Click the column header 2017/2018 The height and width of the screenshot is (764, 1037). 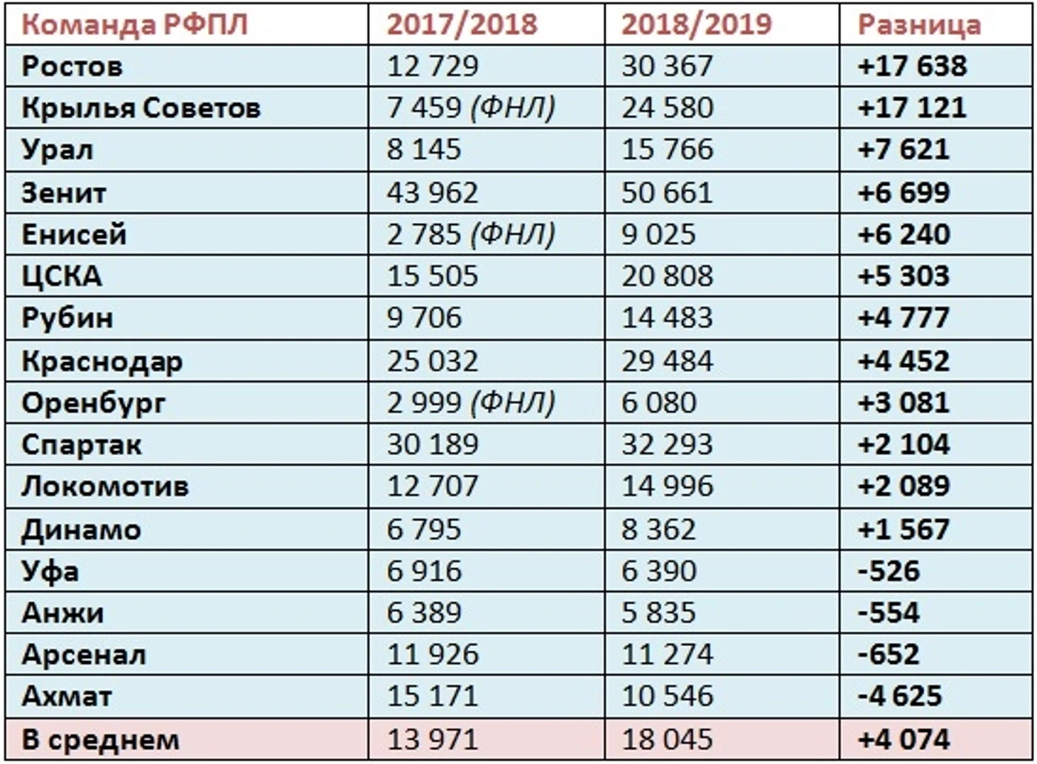coord(462,24)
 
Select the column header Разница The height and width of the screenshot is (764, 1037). coord(919,24)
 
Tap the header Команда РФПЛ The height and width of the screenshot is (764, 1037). coord(134,24)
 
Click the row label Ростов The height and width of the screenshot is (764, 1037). coord(72,66)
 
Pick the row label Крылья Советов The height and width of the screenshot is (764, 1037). coord(141,108)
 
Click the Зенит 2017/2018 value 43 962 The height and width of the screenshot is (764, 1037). coord(432,192)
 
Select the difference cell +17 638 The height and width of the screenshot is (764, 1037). coord(912,66)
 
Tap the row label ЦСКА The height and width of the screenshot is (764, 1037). coord(62,275)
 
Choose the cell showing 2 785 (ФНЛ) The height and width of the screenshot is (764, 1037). coord(470,234)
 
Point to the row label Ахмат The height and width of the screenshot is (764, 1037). coord(67,696)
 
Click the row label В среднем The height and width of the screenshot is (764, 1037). coord(100,740)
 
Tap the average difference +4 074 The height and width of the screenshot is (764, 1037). coord(903,740)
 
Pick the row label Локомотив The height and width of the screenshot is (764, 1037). coord(105,486)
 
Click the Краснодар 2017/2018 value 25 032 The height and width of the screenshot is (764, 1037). coord(432,361)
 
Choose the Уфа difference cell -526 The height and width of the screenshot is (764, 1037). coord(889,571)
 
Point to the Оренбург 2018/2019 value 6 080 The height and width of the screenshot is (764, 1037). coord(658,403)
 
